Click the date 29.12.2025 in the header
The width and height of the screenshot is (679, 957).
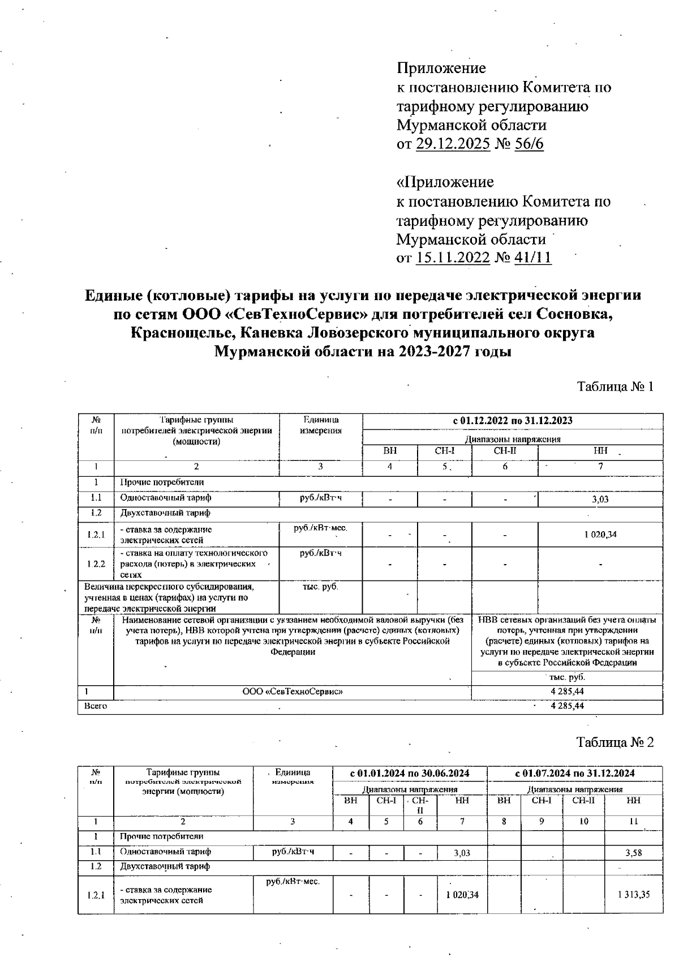(x=453, y=144)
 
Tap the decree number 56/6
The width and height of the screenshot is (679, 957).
(x=529, y=144)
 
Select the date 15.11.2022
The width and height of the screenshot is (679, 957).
(x=453, y=258)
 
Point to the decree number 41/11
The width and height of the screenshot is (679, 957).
(x=532, y=258)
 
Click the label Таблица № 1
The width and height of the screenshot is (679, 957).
(x=615, y=387)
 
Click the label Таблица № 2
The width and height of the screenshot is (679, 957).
(x=615, y=742)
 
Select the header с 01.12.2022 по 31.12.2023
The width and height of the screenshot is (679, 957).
(x=513, y=421)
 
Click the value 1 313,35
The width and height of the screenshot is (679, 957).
(x=634, y=895)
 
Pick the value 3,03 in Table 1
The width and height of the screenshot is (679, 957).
(x=600, y=499)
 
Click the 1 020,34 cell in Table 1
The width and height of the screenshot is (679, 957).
(x=600, y=534)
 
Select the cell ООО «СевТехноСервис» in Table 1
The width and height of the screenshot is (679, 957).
(x=293, y=691)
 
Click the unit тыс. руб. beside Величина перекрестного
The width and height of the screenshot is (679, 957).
(x=320, y=587)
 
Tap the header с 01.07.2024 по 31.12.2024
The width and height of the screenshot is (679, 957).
(x=575, y=773)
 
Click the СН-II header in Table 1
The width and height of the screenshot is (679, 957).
(x=505, y=451)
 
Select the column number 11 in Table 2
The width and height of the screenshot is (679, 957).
(x=634, y=821)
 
